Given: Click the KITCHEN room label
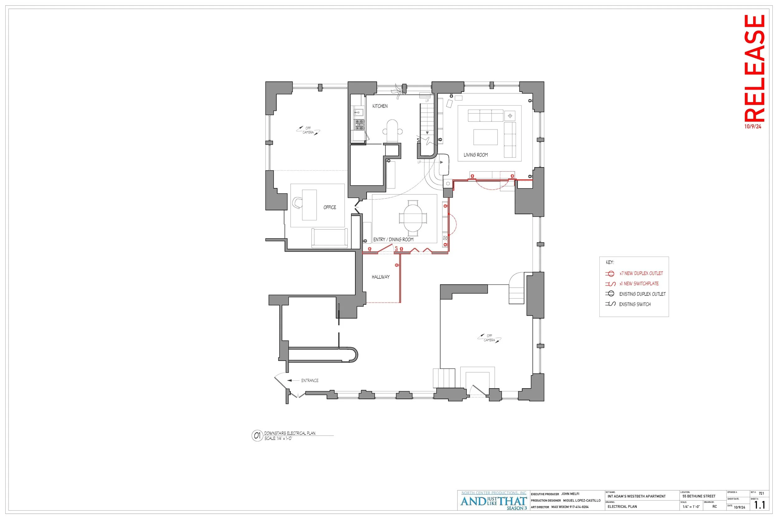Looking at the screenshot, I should point(380,106).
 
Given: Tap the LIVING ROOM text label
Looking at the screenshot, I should point(475,155).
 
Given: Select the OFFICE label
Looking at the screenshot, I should point(330,207).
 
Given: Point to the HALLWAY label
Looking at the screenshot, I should point(380,277).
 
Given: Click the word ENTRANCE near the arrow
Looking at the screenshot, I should point(310,380).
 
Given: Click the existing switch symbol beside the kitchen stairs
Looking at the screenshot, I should point(418,141).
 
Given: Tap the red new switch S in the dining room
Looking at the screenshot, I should point(396,248).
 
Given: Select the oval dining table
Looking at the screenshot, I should point(413,218).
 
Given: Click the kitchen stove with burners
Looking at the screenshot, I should point(359,125).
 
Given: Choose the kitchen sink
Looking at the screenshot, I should point(358,112).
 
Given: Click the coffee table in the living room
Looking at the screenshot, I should point(485,137).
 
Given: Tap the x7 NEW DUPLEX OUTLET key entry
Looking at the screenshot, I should point(641,273).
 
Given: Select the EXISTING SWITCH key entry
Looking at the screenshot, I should point(635,304).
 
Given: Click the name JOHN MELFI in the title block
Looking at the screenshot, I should point(570,494).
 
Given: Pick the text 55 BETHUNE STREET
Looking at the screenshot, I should point(699,496).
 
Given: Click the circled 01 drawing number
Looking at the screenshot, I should point(257,436).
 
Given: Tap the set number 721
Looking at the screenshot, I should point(761,493).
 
